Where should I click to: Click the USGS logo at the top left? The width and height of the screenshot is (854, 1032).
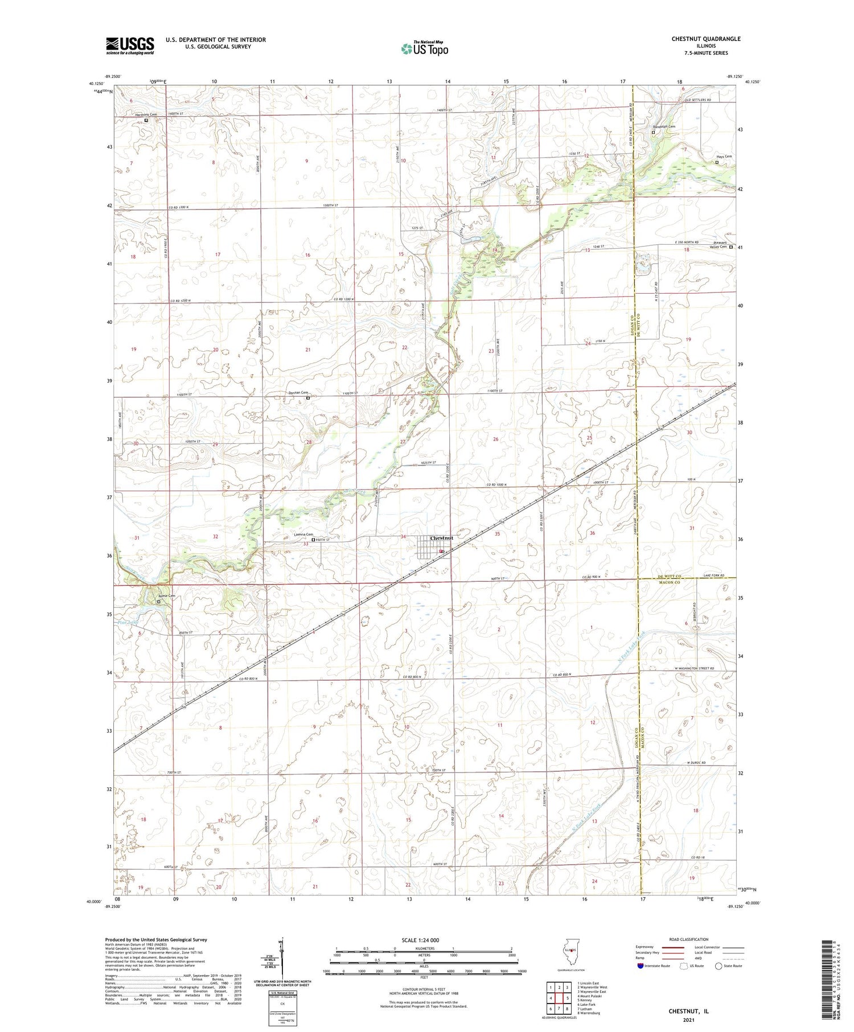click(130, 46)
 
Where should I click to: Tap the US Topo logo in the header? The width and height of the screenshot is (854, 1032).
click(424, 49)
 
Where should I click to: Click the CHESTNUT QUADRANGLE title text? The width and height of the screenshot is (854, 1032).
click(706, 39)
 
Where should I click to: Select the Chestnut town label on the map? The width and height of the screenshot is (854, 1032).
click(442, 538)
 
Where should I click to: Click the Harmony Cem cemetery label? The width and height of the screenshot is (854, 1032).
click(145, 114)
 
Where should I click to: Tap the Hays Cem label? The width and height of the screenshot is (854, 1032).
click(724, 156)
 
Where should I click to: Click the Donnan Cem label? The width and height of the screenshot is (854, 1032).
click(297, 393)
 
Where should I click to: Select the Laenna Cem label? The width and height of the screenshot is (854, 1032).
click(303, 534)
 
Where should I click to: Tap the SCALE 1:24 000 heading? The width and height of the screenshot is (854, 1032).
click(424, 940)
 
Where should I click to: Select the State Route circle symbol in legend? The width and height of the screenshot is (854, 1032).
click(718, 965)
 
